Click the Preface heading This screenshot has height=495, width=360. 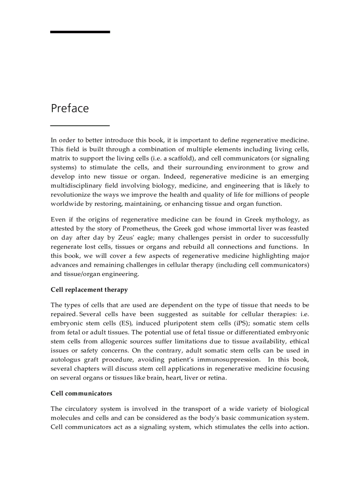(70, 108)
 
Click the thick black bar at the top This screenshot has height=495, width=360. (80, 32)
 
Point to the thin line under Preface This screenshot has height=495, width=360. (80, 126)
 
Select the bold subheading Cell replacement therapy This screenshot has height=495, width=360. (89, 290)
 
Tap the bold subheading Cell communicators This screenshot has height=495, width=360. (81, 393)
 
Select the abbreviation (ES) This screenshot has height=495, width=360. (128, 323)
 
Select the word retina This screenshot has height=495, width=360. (217, 378)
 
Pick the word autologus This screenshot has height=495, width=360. (67, 360)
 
